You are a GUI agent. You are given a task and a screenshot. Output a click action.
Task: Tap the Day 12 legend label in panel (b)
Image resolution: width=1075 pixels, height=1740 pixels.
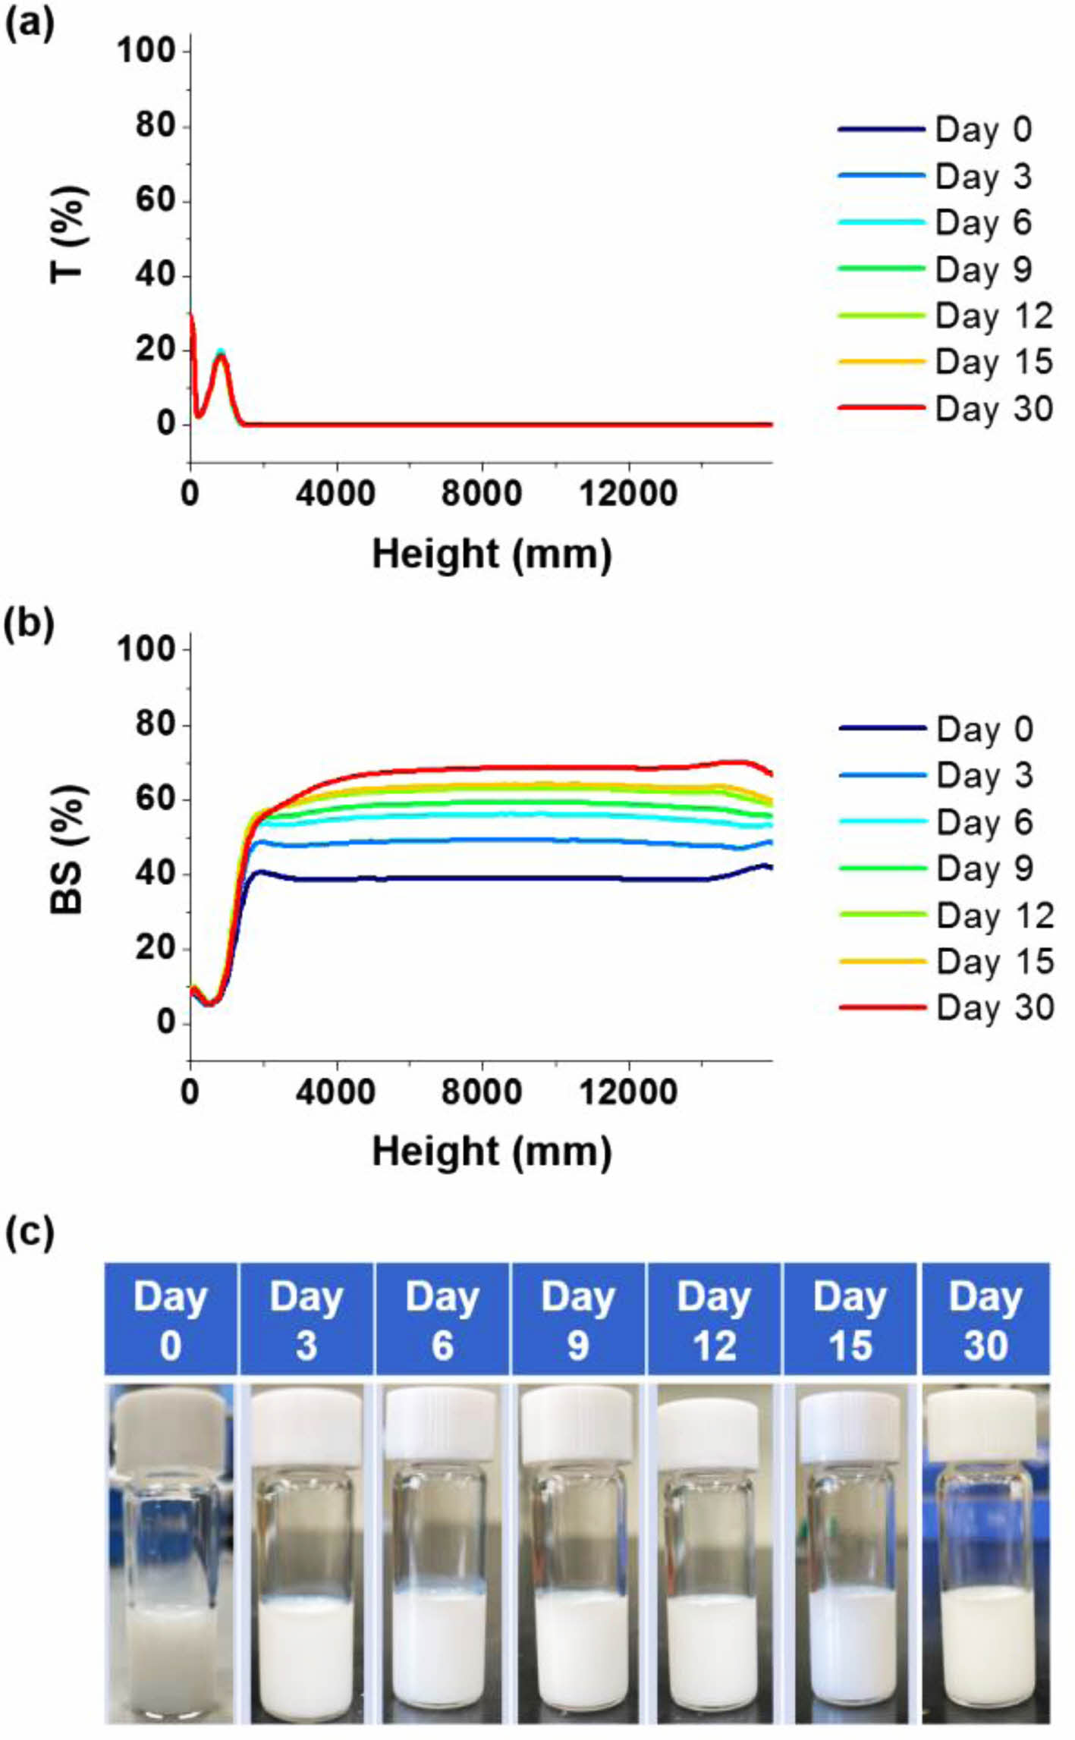(995, 916)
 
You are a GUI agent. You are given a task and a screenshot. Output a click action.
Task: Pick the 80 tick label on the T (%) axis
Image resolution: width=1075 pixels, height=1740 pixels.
(155, 126)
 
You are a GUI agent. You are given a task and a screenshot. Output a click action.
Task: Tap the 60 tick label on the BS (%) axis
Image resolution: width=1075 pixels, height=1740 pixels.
(155, 800)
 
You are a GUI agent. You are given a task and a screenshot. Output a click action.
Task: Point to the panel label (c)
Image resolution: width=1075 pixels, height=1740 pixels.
(30, 1232)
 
